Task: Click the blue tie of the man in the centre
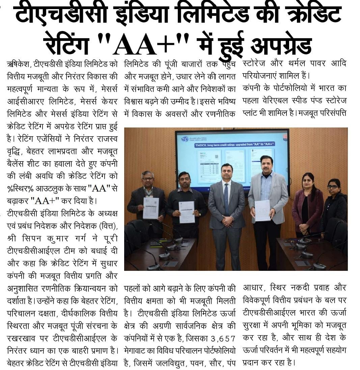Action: point(226,199)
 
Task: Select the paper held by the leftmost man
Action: point(150,208)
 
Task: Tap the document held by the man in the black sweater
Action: point(187,212)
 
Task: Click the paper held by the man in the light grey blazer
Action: point(262,210)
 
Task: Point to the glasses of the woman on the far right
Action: point(332,187)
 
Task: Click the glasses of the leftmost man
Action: point(148,179)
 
